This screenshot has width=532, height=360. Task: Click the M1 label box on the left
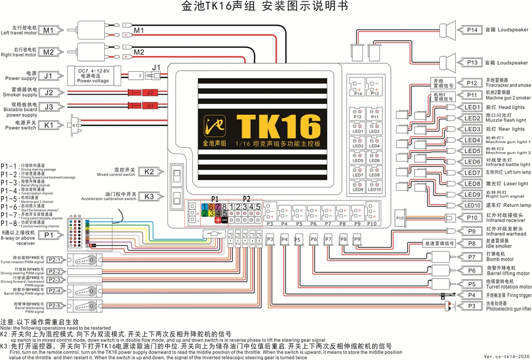click(x=48, y=30)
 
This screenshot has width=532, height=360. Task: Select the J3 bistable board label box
click(x=48, y=107)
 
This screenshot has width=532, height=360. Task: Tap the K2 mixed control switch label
click(x=149, y=171)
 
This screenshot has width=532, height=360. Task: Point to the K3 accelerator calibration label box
click(x=149, y=196)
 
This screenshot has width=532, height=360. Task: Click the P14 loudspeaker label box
click(x=472, y=30)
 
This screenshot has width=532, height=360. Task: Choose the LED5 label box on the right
click(x=472, y=151)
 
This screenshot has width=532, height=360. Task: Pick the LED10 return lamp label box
click(x=472, y=205)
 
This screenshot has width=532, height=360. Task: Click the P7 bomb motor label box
click(x=472, y=257)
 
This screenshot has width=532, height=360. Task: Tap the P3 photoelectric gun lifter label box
click(x=472, y=306)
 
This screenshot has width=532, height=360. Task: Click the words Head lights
click(x=501, y=107)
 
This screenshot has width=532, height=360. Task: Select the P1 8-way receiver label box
click(x=48, y=235)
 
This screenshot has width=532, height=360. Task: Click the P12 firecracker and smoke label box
click(x=472, y=83)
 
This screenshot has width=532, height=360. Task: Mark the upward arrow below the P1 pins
click(x=213, y=233)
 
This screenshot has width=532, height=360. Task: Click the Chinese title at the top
click(x=265, y=7)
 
